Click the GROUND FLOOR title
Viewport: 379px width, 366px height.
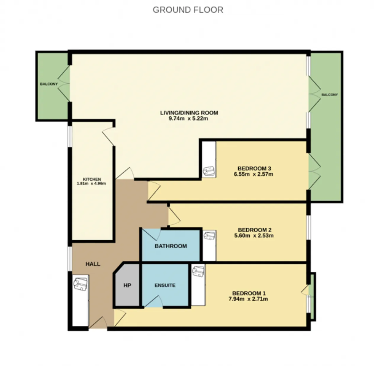pos(188,10)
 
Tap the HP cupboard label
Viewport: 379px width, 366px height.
pos(127,285)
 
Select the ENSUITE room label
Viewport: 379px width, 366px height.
pos(165,285)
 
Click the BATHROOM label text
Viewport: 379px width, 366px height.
pos(171,246)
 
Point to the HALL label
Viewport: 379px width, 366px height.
pos(93,264)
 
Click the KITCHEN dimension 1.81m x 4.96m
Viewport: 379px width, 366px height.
pos(91,183)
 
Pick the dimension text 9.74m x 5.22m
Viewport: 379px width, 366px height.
pos(188,119)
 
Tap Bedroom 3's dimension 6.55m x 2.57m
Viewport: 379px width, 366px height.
pos(253,174)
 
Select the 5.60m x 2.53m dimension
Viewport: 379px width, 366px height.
pos(254,236)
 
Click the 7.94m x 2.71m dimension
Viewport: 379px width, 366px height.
pos(248,299)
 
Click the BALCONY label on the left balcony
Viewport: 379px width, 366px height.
pos(49,84)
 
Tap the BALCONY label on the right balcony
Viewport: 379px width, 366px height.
pos(330,95)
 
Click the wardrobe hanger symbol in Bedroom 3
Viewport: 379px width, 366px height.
pos(208,171)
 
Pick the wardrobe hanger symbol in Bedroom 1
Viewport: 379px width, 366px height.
pos(198,271)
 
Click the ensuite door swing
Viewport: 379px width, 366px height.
pos(153,302)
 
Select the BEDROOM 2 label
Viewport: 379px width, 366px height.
pos(255,230)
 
